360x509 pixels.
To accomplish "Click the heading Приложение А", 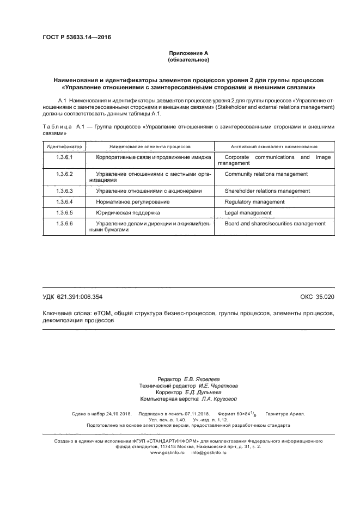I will click(x=188, y=53).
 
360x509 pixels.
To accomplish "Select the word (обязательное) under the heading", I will click(x=188, y=59).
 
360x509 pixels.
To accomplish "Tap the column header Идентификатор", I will click(x=64, y=146).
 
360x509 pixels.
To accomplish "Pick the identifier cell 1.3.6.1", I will click(x=64, y=157).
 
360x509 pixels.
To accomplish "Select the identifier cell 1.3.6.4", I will click(x=64, y=202).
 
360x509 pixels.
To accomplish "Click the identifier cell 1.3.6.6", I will click(x=64, y=223).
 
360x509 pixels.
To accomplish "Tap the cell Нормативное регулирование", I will click(x=132, y=202).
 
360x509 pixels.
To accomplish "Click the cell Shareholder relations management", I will click(x=267, y=191).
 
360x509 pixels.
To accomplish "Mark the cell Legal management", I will click(x=248, y=212).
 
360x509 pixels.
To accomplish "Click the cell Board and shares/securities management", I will click(x=275, y=223).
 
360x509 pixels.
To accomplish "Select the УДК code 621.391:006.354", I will click(x=81, y=297).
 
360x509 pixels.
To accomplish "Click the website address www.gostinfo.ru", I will click(x=168, y=452).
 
